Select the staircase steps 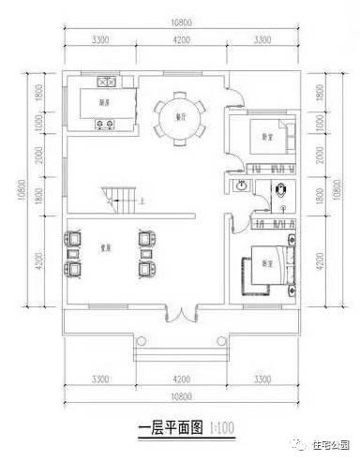(117, 198)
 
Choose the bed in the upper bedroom (275, 137)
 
